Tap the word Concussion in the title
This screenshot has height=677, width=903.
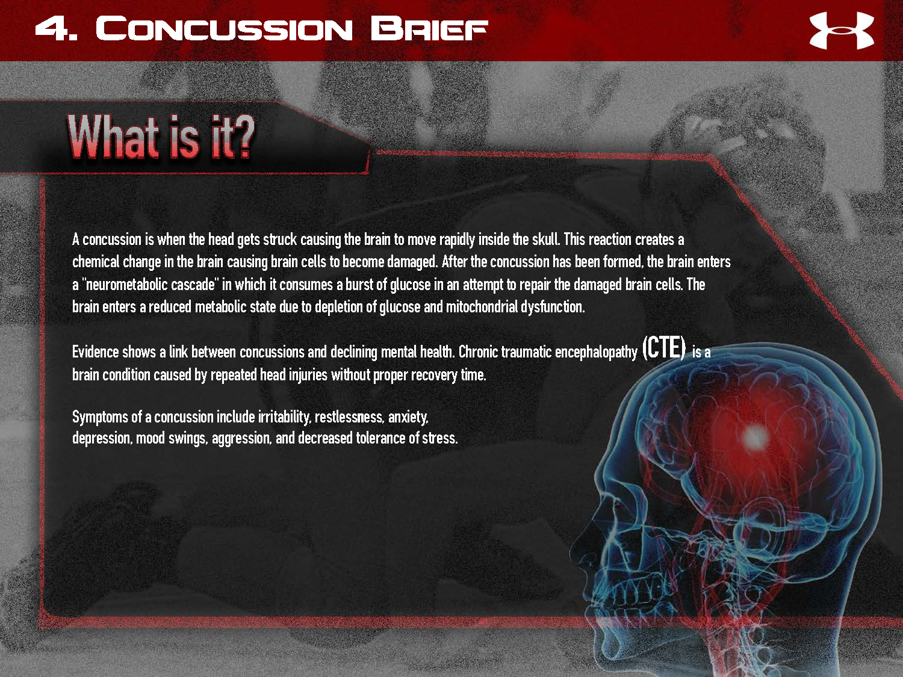[223, 29]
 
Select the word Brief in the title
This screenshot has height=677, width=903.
[429, 29]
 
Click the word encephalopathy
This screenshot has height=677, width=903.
[596, 352]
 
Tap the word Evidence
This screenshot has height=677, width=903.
[95, 352]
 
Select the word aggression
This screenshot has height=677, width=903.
[241, 438]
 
